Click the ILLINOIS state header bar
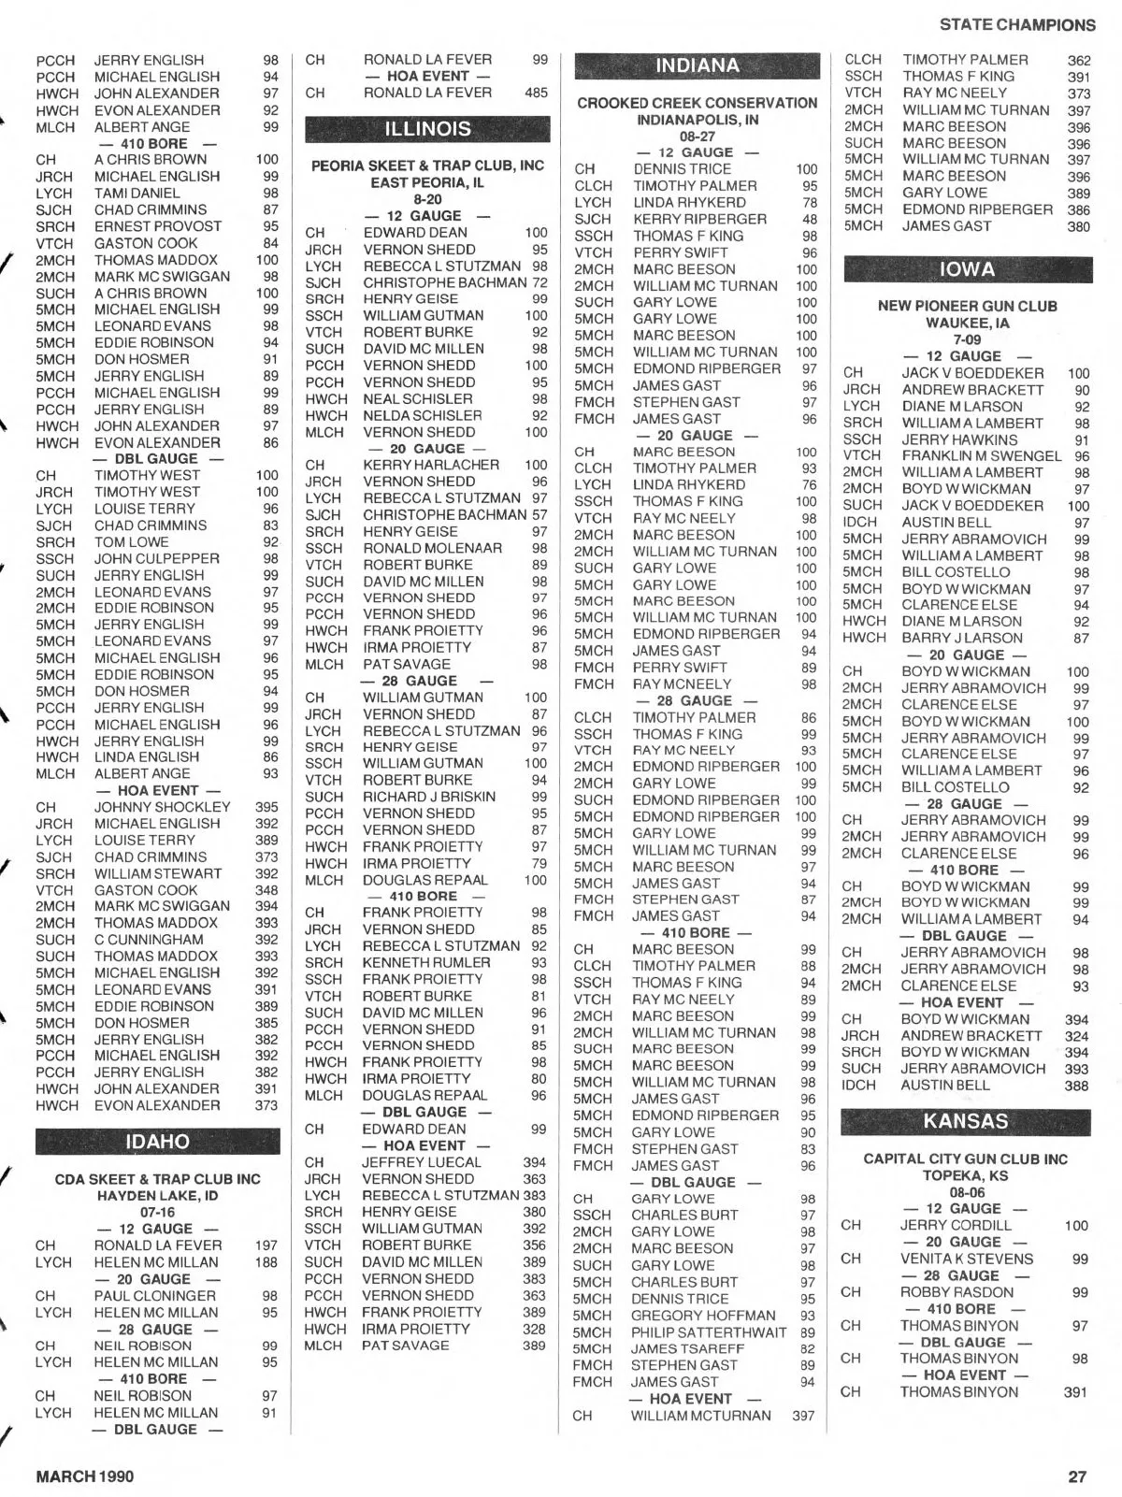click(428, 129)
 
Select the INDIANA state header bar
click(697, 66)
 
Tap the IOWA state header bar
click(967, 270)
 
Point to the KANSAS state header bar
click(965, 1122)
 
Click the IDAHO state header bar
click(157, 1142)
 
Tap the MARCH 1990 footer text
click(84, 1476)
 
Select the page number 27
click(1077, 1476)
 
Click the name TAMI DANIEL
click(137, 193)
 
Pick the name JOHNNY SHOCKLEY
click(162, 807)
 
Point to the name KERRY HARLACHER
click(431, 465)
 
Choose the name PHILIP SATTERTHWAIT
click(709, 1332)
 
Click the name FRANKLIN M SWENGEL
click(982, 456)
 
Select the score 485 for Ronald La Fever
click(536, 93)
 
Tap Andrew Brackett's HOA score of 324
click(1076, 1036)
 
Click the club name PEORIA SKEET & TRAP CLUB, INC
click(427, 166)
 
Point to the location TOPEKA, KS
click(965, 1175)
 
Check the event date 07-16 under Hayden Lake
click(157, 1212)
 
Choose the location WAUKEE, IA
click(967, 323)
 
